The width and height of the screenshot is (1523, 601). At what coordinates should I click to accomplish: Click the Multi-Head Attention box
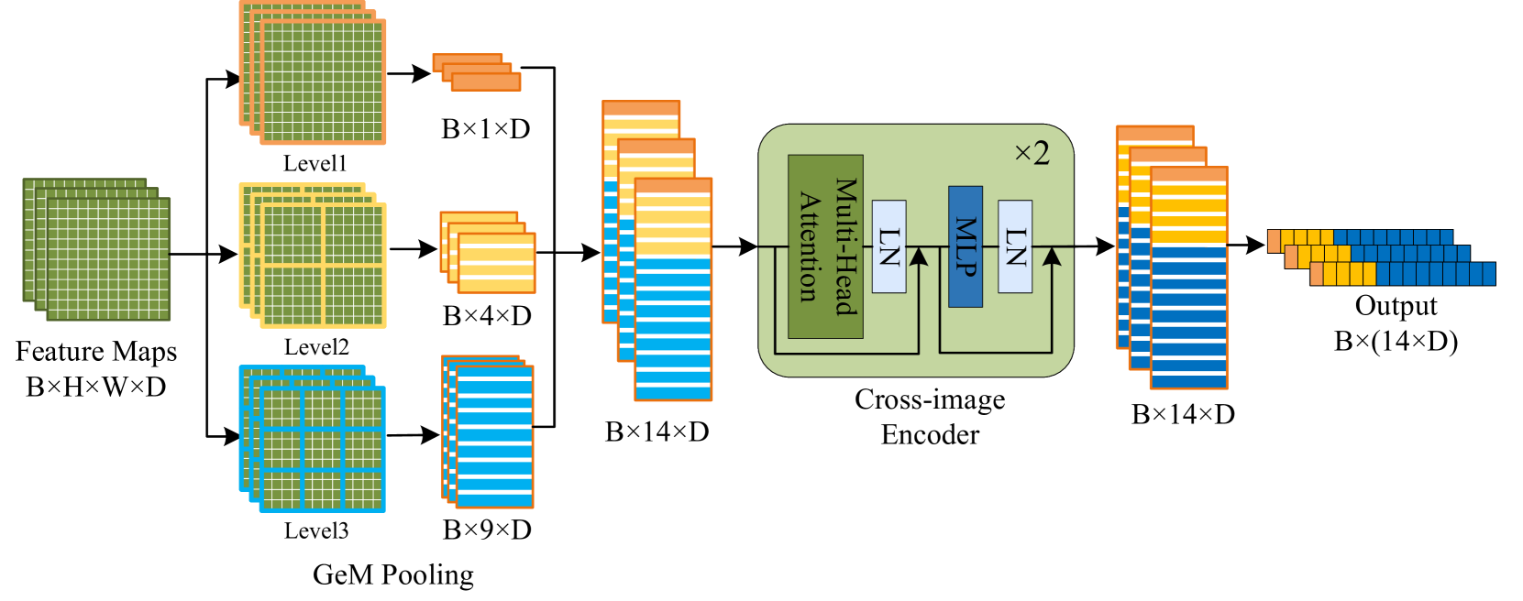pyautogui.click(x=825, y=246)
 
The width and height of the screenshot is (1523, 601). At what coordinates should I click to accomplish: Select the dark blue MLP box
pyautogui.click(x=966, y=246)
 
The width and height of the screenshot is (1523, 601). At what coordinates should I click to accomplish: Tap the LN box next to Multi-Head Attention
pyautogui.click(x=888, y=246)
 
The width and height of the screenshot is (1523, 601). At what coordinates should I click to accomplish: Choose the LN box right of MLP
pyautogui.click(x=1015, y=246)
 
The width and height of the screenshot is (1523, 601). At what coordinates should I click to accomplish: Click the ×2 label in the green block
pyautogui.click(x=1032, y=153)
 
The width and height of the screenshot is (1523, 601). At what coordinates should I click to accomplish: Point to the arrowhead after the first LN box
pyautogui.click(x=918, y=257)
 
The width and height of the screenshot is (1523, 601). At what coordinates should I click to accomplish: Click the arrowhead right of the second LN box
pyautogui.click(x=1052, y=257)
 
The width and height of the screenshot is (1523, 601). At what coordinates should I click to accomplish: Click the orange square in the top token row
pyautogui.click(x=1274, y=240)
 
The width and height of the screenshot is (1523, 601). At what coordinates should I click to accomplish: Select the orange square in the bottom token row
pyautogui.click(x=1316, y=273)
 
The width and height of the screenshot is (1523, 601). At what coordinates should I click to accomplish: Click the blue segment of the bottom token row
pyautogui.click(x=1435, y=273)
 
